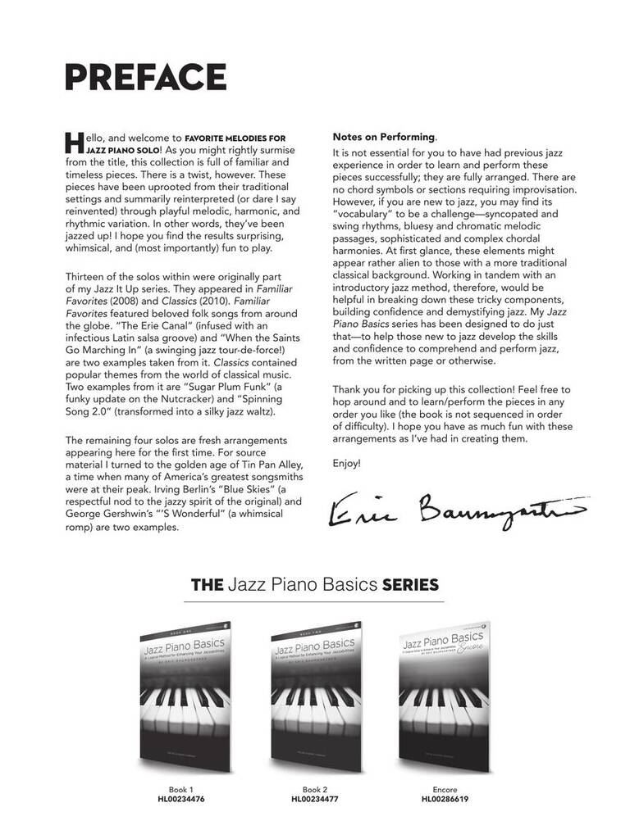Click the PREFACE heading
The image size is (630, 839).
(x=146, y=77)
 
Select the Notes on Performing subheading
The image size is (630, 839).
(x=383, y=137)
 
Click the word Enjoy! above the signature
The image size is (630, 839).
(x=346, y=464)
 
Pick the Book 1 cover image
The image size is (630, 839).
(x=184, y=696)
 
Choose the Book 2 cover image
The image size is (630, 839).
(x=315, y=696)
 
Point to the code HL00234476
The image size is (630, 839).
(x=181, y=799)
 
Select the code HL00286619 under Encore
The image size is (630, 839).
(x=445, y=799)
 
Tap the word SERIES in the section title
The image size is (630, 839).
(x=410, y=585)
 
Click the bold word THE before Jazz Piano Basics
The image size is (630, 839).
(x=207, y=585)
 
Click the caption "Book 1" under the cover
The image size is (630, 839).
(x=181, y=789)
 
